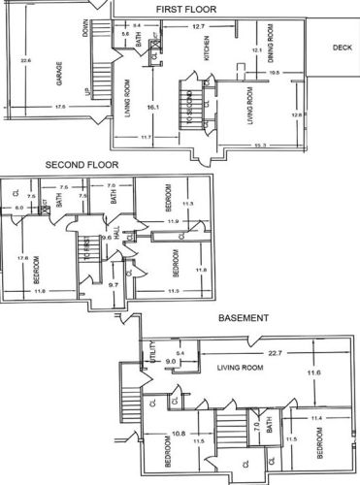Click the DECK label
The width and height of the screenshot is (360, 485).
tap(342, 47)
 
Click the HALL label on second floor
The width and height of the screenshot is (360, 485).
tap(115, 235)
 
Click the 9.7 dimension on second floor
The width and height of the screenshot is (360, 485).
tap(113, 285)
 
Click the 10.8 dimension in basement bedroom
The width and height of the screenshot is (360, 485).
tap(179, 434)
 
